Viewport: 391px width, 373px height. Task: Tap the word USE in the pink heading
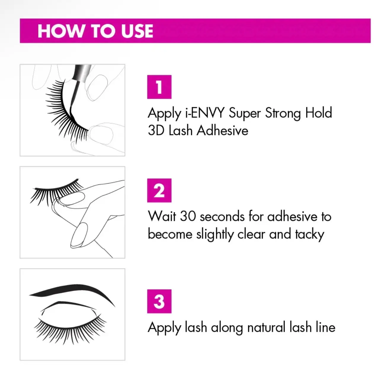tap(137, 31)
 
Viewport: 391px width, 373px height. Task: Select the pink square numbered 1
tap(159, 87)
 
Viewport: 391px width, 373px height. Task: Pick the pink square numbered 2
tap(159, 190)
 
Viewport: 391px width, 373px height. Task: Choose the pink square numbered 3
tap(159, 301)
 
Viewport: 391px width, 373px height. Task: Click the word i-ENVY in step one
tap(205, 113)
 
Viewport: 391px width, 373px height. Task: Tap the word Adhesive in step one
tap(222, 131)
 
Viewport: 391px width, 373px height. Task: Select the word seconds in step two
tap(222, 216)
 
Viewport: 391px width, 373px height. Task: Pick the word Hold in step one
tap(319, 113)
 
